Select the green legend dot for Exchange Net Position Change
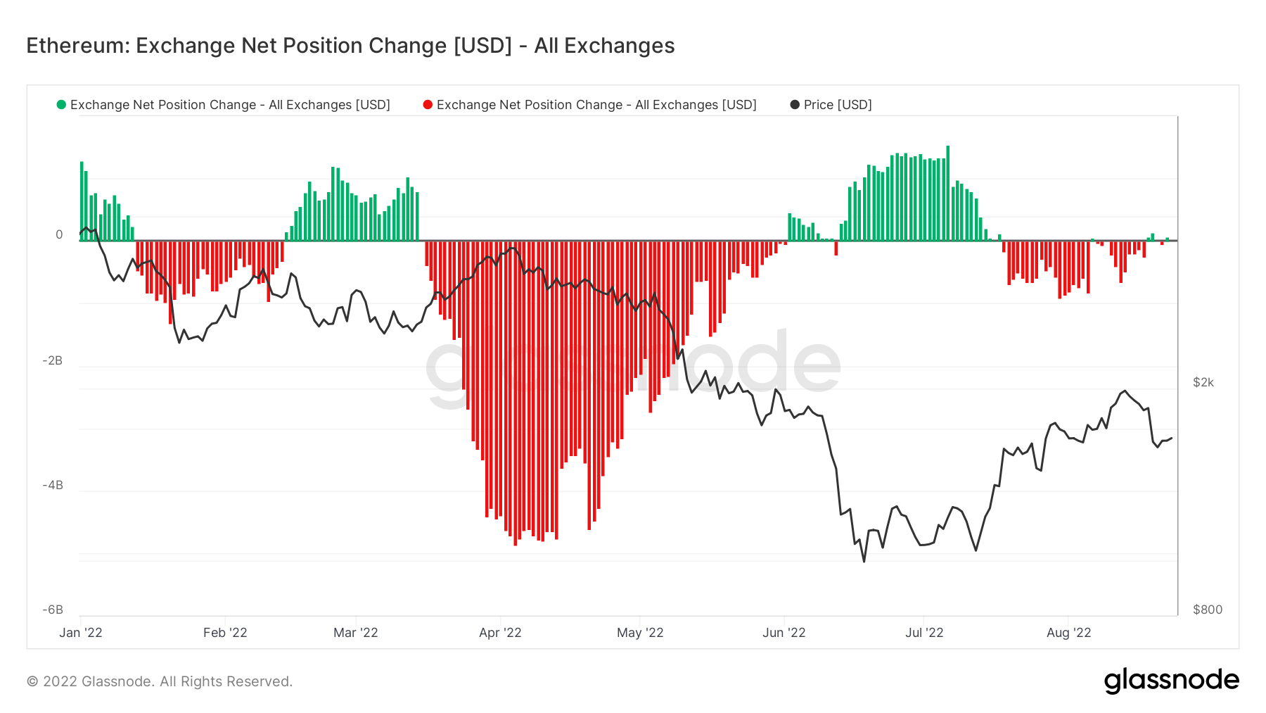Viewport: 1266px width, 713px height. [x=61, y=105]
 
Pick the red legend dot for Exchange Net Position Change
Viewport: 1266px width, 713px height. [x=428, y=105]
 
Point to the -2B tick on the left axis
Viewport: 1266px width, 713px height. [x=53, y=360]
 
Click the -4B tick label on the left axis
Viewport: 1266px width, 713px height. [x=53, y=485]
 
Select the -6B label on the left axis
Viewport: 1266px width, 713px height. [x=53, y=610]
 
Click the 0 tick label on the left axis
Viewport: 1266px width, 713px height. [x=59, y=234]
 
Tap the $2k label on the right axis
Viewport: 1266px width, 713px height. [x=1203, y=382]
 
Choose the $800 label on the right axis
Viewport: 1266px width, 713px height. [x=1208, y=610]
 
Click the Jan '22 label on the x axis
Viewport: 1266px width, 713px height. [x=81, y=633]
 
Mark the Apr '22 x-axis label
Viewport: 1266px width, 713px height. [x=500, y=633]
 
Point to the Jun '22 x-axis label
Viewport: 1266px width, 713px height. [x=784, y=633]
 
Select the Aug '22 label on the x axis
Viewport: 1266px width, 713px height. [x=1069, y=633]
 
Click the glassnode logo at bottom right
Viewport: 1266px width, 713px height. [x=1172, y=681]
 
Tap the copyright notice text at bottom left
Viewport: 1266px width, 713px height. [x=160, y=681]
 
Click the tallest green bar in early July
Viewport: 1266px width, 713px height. [x=948, y=194]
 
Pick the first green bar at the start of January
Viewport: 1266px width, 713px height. [x=82, y=201]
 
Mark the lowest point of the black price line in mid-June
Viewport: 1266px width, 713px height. [x=864, y=561]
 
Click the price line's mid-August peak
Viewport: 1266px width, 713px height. [x=1125, y=391]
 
